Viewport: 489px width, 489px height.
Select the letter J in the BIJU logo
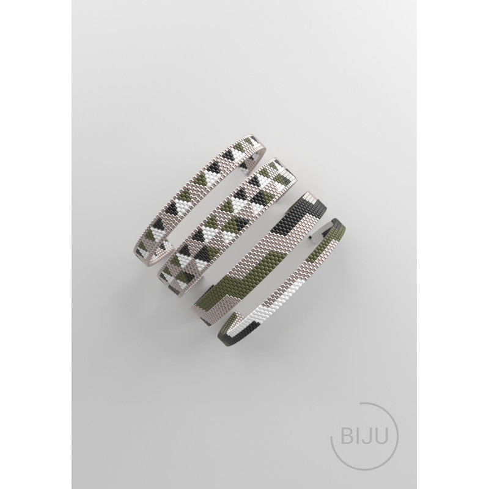click(366, 436)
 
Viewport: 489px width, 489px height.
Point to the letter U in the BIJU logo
click(381, 436)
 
